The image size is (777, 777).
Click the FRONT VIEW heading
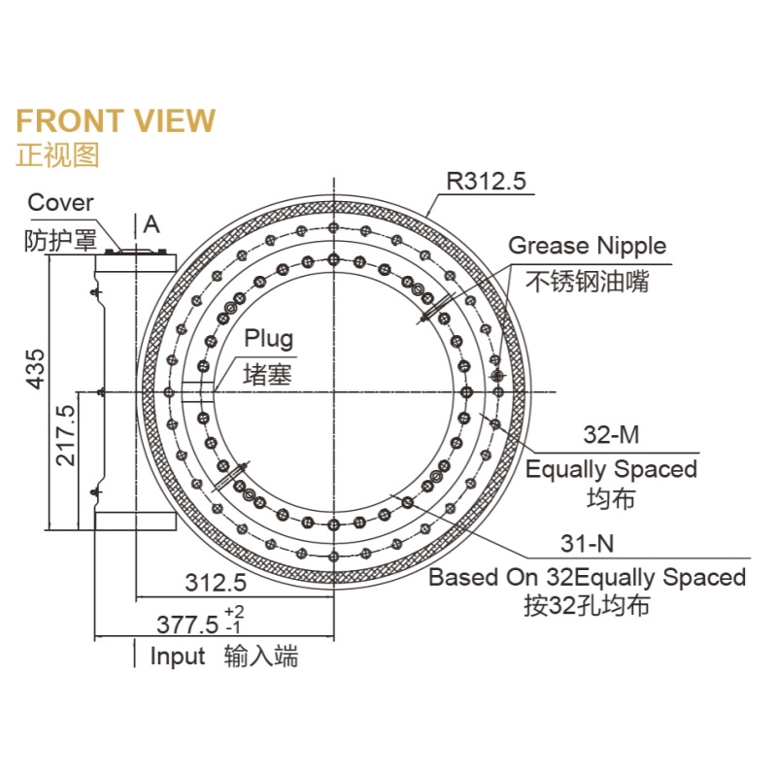116,120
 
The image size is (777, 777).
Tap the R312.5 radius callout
487,181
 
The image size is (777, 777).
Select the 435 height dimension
36,369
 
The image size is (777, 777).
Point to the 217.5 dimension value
65,435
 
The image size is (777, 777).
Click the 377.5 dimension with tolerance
200,621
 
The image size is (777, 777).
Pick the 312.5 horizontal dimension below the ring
216,582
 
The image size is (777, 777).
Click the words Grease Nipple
588,247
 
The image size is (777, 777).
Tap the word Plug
269,339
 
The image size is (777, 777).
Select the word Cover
60,203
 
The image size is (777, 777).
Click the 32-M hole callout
611,434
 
